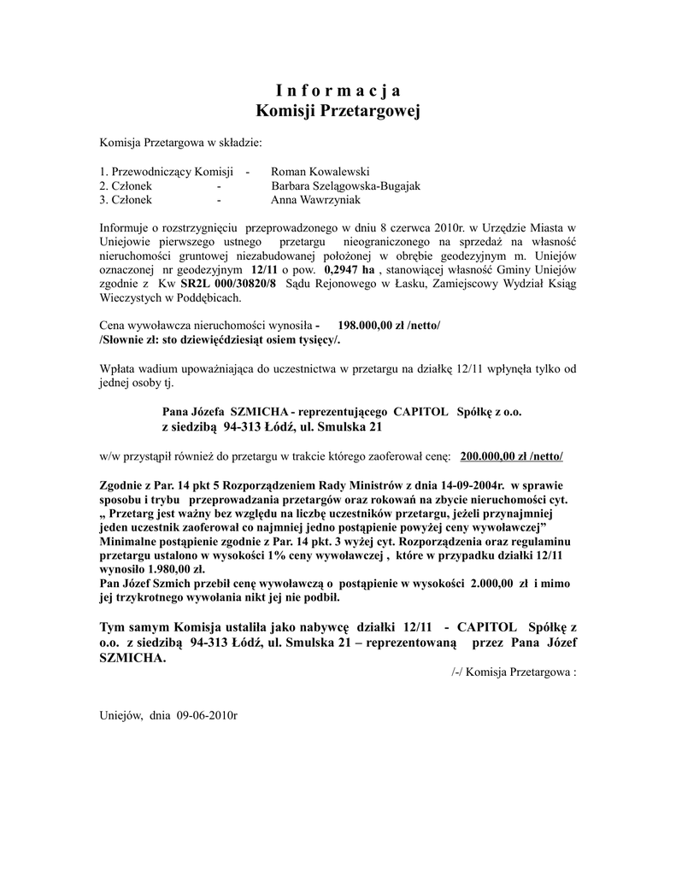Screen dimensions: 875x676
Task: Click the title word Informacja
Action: pyautogui.click(x=338, y=91)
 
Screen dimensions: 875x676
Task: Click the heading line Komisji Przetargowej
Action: pyautogui.click(x=338, y=111)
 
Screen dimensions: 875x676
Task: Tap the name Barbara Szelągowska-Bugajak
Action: pyautogui.click(x=345, y=185)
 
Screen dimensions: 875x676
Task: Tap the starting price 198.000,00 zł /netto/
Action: pyautogui.click(x=390, y=326)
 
